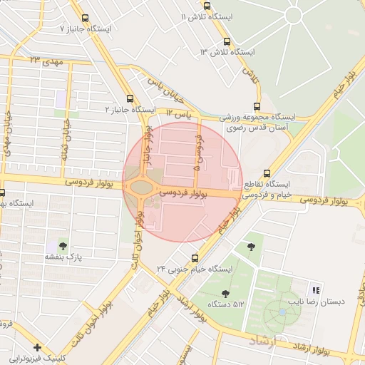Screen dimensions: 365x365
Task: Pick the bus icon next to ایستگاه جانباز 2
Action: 129,99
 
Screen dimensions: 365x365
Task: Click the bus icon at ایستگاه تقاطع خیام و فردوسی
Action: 267,173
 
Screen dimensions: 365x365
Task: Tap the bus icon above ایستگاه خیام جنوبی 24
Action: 195,257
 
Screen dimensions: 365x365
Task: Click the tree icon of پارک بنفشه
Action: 63,245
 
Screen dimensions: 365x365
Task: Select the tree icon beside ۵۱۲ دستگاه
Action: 226,293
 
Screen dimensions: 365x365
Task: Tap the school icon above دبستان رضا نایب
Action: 315,289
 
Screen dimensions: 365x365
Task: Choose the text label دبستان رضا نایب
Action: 322,302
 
